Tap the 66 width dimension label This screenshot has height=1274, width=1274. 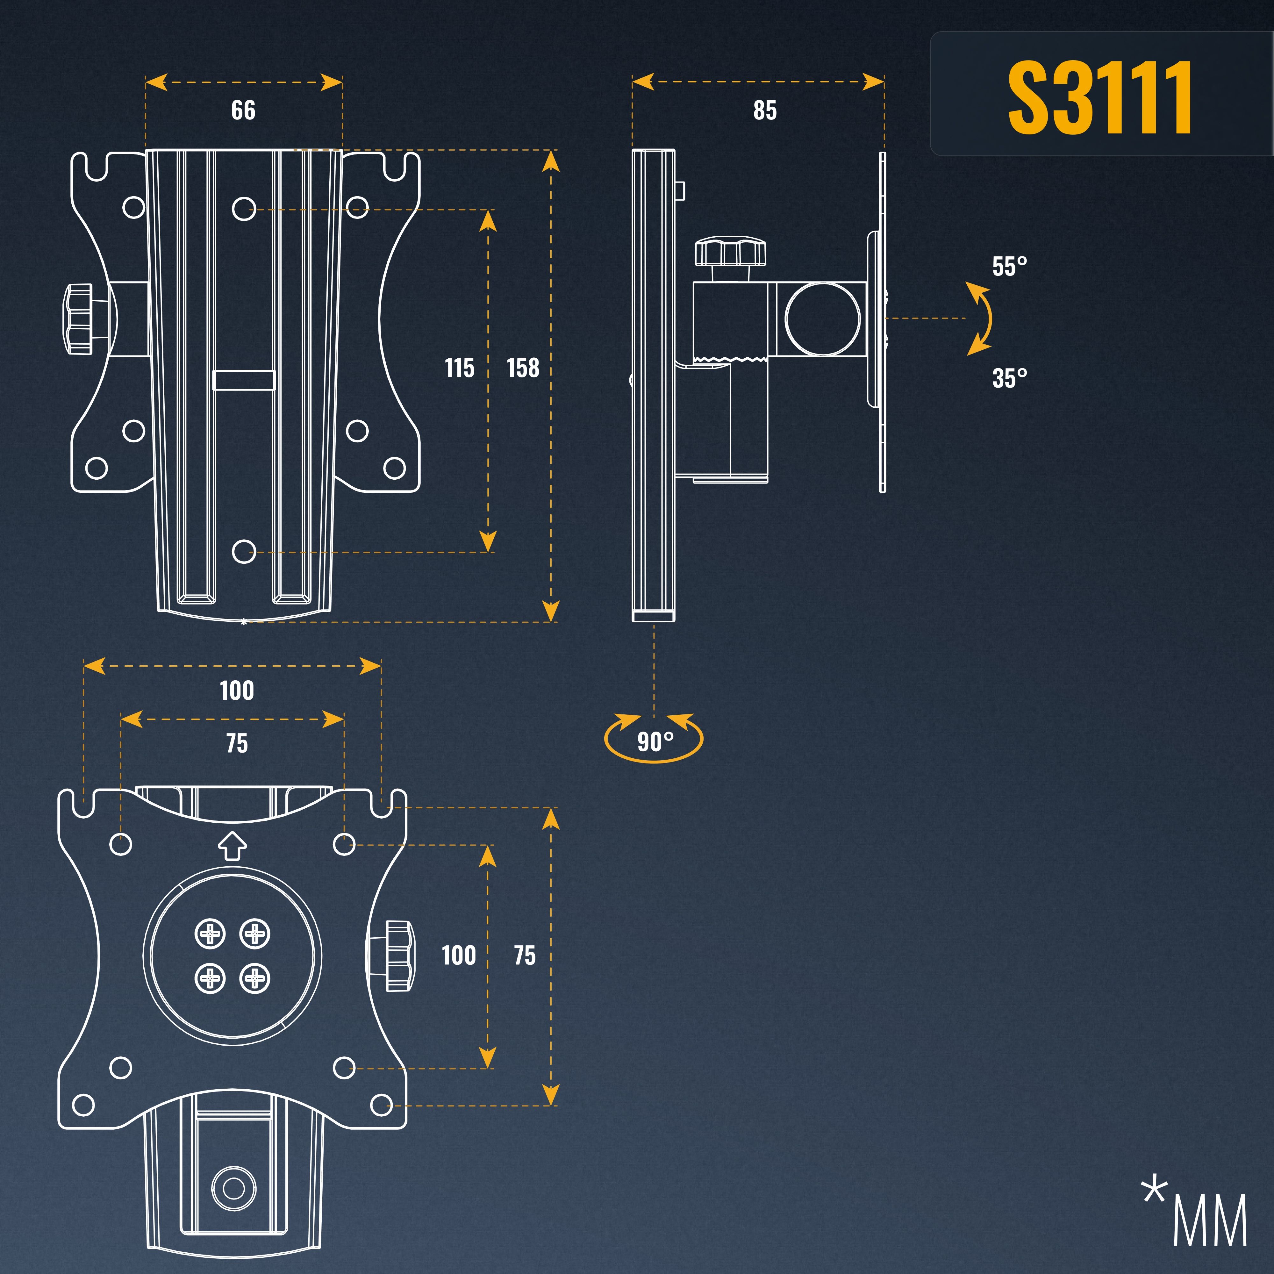tap(243, 110)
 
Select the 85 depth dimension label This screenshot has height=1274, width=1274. tap(765, 110)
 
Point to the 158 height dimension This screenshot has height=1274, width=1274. tap(523, 367)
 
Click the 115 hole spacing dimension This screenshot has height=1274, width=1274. tap(460, 367)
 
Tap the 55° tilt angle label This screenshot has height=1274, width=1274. tap(1010, 266)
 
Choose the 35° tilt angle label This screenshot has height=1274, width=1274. tap(1010, 378)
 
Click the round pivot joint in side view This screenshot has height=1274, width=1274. tap(823, 318)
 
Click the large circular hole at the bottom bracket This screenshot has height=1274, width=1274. tap(233, 1188)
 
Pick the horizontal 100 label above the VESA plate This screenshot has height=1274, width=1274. tap(237, 691)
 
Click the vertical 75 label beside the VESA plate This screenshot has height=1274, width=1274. tap(525, 955)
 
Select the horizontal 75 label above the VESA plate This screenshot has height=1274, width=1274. tap(237, 743)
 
